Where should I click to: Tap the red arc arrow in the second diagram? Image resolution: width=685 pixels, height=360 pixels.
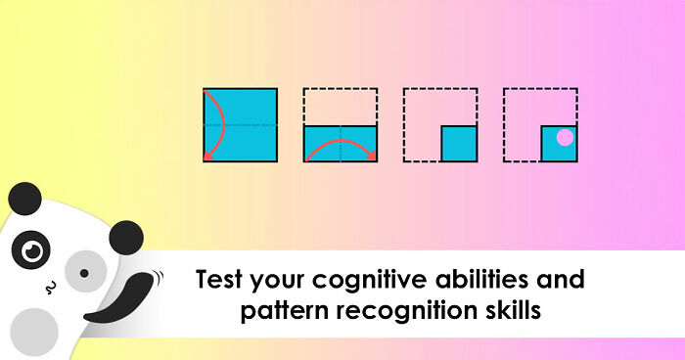coord(340,145)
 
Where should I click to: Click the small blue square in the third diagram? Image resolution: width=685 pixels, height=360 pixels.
coord(458,144)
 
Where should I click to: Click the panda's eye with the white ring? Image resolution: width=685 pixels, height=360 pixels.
coord(33,251)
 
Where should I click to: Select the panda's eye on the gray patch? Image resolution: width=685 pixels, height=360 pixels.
coord(84,272)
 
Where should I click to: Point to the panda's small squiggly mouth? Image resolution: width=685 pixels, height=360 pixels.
coord(52,287)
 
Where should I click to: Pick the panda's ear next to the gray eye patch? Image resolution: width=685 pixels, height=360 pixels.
coord(126,236)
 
